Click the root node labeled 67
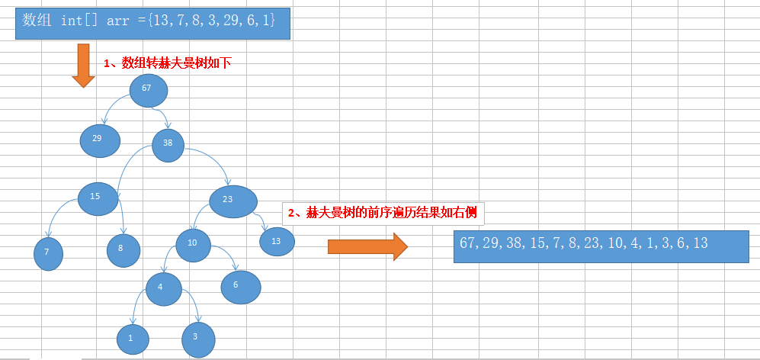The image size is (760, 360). [148, 90]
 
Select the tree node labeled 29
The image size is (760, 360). [100, 140]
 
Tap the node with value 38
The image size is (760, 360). [168, 145]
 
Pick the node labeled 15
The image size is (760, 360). [98, 198]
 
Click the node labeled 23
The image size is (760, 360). [232, 201]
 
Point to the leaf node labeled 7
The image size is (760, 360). [48, 253]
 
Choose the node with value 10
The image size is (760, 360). [194, 244]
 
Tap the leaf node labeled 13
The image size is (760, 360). [277, 242]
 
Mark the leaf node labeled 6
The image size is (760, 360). [241, 286]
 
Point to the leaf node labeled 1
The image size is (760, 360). [133, 339]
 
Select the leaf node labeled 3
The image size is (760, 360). [198, 338]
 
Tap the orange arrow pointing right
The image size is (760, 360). [368, 246]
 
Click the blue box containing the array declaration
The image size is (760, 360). [153, 22]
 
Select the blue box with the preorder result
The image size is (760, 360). [601, 246]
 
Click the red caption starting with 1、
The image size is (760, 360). [168, 63]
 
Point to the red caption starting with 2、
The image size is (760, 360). [381, 213]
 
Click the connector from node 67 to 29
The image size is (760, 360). [113, 108]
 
